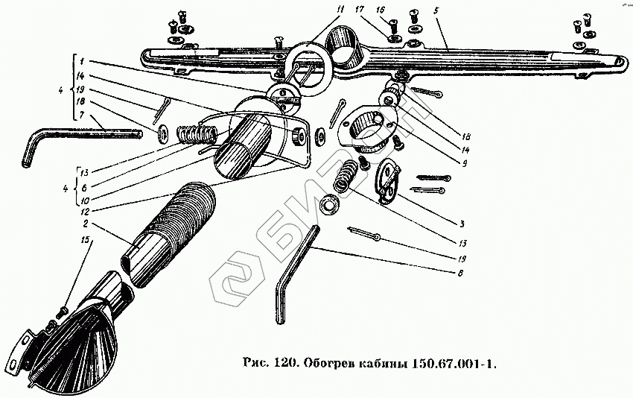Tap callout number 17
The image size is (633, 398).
coord(359,10)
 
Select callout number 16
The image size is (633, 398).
coord(381,10)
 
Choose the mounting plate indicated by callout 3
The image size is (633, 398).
coord(387,183)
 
